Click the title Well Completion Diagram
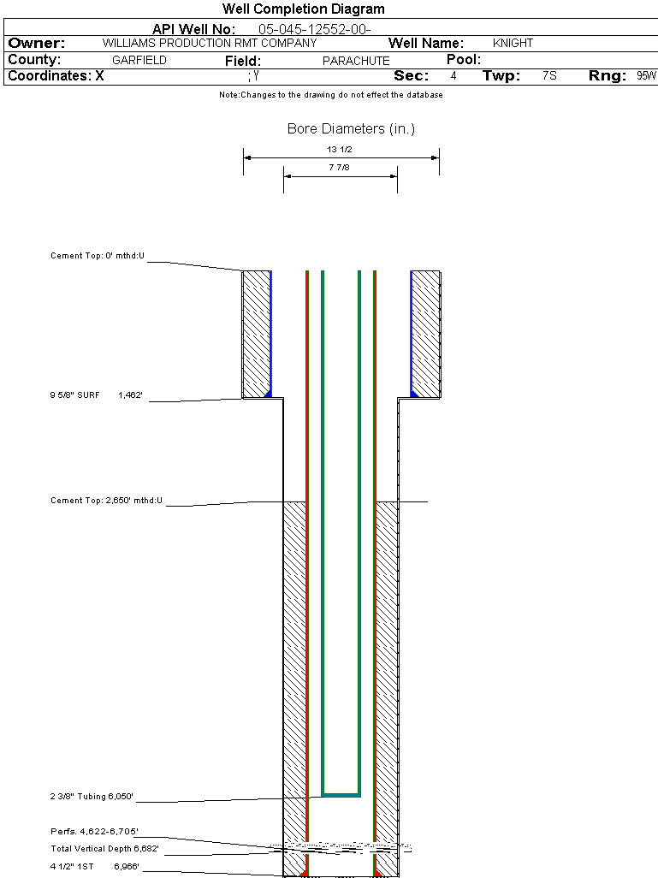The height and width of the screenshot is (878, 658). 303,9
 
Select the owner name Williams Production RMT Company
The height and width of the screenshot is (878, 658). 209,43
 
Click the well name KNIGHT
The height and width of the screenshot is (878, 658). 513,43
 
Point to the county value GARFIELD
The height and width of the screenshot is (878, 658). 139,61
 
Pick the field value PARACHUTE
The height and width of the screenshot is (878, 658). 356,61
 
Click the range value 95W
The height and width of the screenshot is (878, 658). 646,76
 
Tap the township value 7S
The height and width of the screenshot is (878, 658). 549,76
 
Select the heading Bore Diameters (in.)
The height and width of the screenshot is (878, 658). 351,129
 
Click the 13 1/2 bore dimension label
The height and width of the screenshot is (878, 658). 341,149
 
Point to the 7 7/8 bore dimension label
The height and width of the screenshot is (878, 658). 341,168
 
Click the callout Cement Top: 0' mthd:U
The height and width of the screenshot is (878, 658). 98,256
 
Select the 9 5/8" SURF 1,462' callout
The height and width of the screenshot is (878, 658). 96,395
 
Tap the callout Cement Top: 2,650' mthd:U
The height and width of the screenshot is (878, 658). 106,500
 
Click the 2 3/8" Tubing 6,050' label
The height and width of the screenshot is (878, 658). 92,797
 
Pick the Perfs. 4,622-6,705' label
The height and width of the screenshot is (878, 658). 94,831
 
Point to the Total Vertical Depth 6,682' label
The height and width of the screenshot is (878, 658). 104,849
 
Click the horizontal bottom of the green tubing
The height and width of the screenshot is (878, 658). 341,795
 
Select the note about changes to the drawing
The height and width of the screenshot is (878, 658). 330,95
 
